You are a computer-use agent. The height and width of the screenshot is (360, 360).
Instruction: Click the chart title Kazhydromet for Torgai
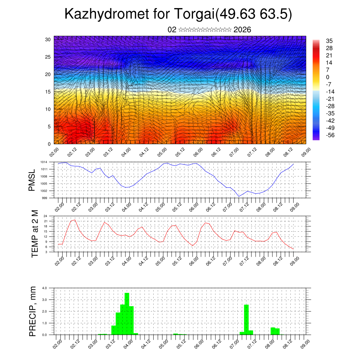tap(178, 14)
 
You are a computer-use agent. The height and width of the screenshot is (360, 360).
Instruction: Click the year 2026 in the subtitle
tap(242, 30)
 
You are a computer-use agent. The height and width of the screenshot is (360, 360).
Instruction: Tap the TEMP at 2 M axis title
tap(34, 234)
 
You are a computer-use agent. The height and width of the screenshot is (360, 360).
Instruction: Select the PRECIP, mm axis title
tap(33, 311)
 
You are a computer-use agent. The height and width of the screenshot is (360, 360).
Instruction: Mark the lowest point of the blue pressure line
tap(239, 197)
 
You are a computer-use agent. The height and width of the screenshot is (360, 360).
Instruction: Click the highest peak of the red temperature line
tap(75, 220)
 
